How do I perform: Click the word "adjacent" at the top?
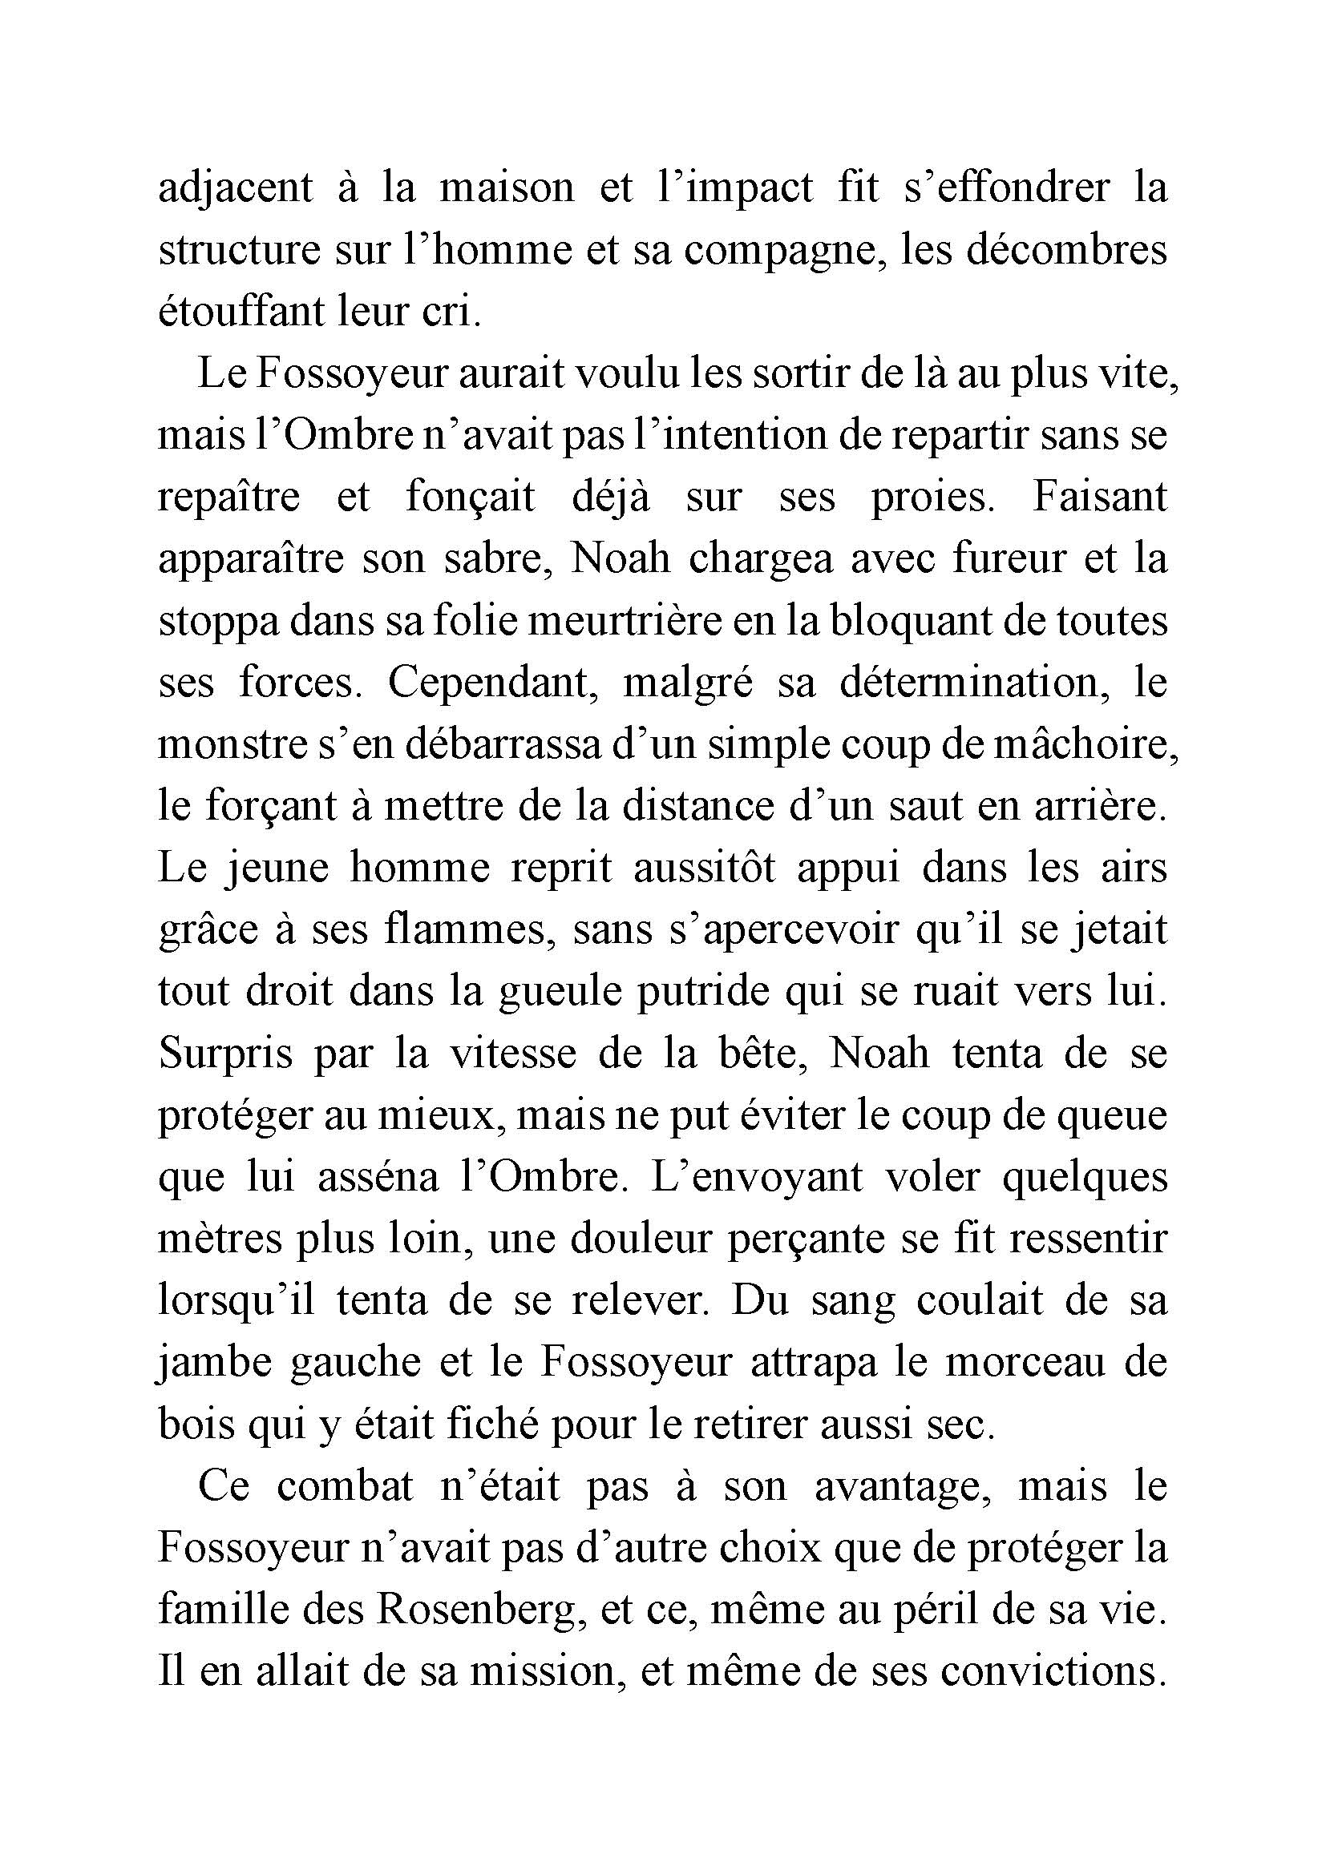coord(235,188)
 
